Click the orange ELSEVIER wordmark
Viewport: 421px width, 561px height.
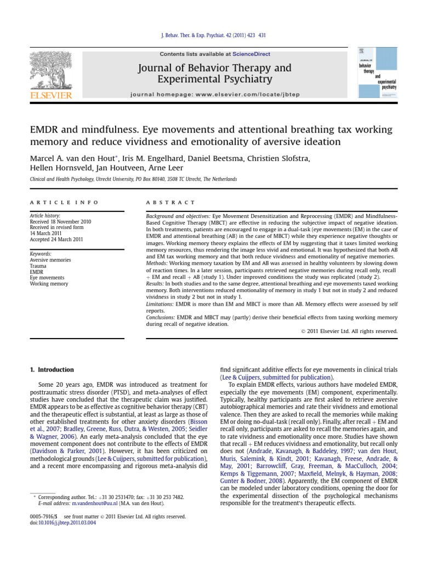pos(50,96)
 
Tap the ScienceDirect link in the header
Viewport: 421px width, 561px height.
pos(248,54)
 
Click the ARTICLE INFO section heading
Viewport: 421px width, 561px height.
pos(64,203)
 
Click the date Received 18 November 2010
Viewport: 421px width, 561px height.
pos(60,222)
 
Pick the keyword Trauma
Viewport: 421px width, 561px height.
pos(38,265)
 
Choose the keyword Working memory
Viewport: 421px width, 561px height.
pos(49,284)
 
